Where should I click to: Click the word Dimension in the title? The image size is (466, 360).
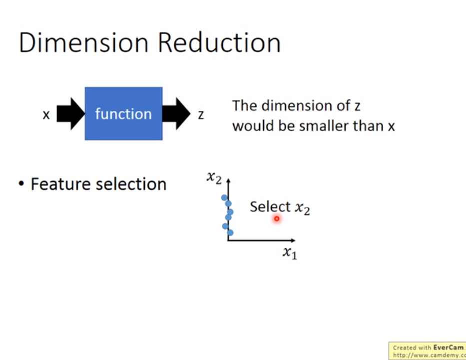coord(83,42)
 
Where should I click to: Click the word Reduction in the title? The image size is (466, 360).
coord(219,42)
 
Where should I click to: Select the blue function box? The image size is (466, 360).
coord(124,113)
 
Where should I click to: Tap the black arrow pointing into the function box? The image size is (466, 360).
coord(71,113)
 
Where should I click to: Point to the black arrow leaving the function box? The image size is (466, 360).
coord(176,113)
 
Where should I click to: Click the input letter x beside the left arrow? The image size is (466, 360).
coord(46,115)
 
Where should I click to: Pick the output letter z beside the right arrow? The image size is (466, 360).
coord(201,115)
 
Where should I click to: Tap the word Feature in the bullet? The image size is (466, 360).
coord(60,184)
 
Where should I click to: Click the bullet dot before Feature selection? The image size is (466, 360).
coord(21,183)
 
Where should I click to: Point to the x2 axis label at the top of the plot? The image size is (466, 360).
coord(214,177)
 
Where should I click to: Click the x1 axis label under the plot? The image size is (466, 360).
coord(290,253)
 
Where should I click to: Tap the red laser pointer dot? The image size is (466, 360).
coord(277,218)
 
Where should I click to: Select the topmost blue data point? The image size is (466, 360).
coord(224,197)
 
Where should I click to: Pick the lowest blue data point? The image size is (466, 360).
coord(230,232)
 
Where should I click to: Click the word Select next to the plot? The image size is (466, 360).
coord(270,206)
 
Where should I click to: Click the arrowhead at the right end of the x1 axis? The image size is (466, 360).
coord(293,240)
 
